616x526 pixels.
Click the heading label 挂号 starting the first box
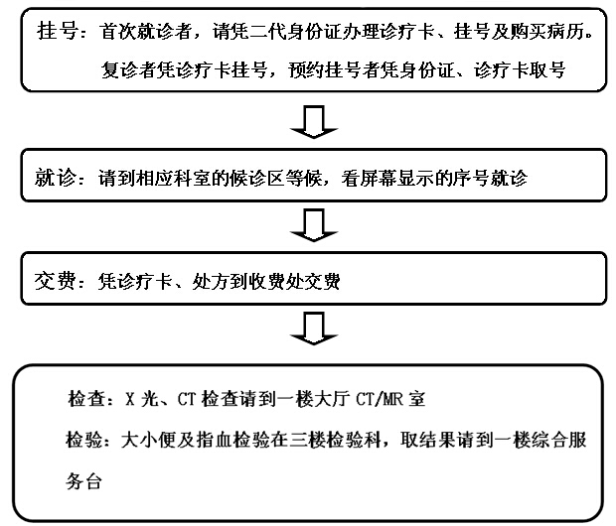[x=57, y=31]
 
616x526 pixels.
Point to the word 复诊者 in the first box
[x=129, y=70]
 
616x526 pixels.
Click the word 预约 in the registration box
[x=306, y=70]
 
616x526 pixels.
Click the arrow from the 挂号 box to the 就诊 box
[x=314, y=121]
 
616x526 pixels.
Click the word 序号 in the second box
[x=471, y=179]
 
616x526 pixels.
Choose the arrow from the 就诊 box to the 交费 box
[x=314, y=225]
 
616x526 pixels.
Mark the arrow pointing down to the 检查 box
[x=314, y=329]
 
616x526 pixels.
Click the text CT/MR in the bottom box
[x=380, y=399]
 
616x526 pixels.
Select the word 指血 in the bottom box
[x=215, y=440]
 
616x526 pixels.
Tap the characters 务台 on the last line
[x=84, y=481]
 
